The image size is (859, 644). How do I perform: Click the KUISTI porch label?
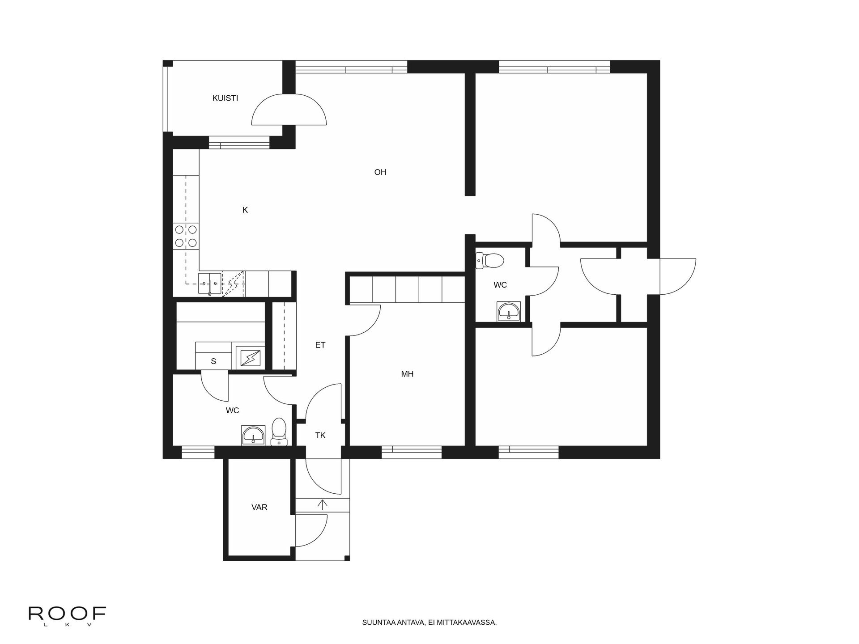[225, 98]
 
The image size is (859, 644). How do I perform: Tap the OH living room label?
[380, 172]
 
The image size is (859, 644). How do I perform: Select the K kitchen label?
[245, 210]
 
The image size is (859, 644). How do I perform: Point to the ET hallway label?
[320, 345]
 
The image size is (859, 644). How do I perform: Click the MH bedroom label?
[407, 374]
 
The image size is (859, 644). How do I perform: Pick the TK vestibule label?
[320, 435]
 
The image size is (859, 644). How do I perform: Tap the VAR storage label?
[259, 508]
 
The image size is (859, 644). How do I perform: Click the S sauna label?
[213, 361]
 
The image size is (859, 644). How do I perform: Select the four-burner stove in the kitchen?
[186, 236]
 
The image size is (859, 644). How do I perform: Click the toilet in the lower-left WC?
[279, 432]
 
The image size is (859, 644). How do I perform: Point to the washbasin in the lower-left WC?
[254, 435]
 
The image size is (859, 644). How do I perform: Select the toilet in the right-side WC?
[490, 260]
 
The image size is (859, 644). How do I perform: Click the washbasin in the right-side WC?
[509, 311]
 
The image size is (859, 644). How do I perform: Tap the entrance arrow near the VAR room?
[323, 504]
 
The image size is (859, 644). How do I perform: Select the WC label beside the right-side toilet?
[500, 285]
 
